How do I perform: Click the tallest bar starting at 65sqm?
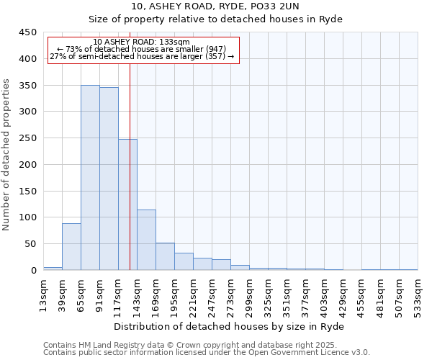pyautogui.click(x=90, y=178)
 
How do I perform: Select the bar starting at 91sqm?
pyautogui.click(x=109, y=179)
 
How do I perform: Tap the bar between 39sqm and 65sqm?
pyautogui.click(x=71, y=247)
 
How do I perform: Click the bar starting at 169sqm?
pyautogui.click(x=165, y=256)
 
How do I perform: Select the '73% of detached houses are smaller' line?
pyautogui.click(x=142, y=49)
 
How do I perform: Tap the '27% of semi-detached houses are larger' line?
pyautogui.click(x=142, y=56)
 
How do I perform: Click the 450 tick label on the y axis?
pyautogui.click(x=27, y=32)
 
